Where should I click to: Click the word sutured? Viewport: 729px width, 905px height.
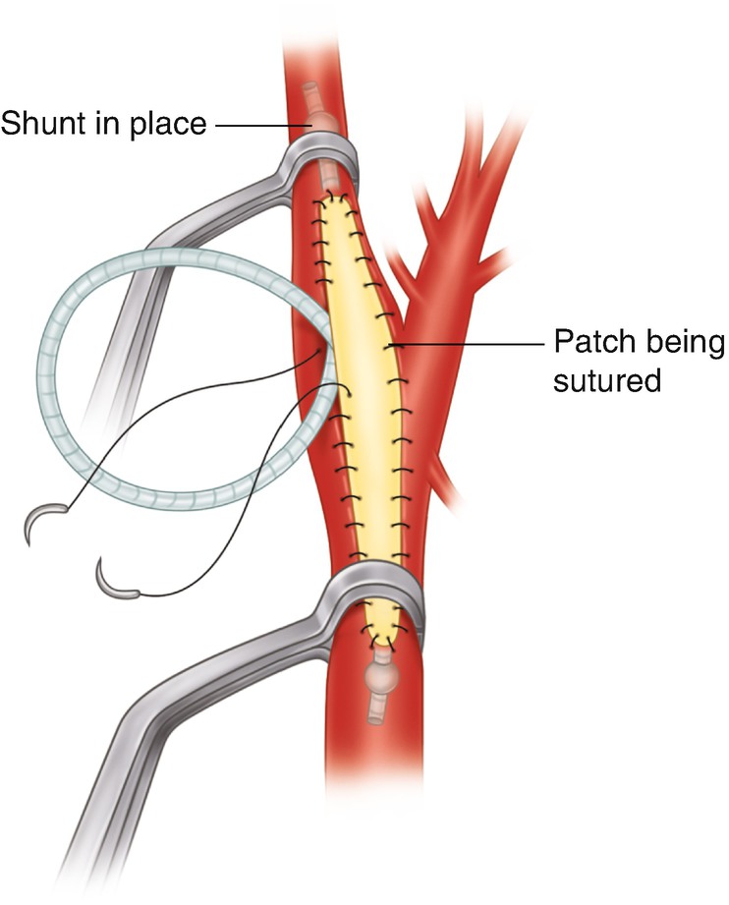pyautogui.click(x=605, y=380)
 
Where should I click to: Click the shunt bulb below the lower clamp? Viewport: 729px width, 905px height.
pyautogui.click(x=380, y=676)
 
